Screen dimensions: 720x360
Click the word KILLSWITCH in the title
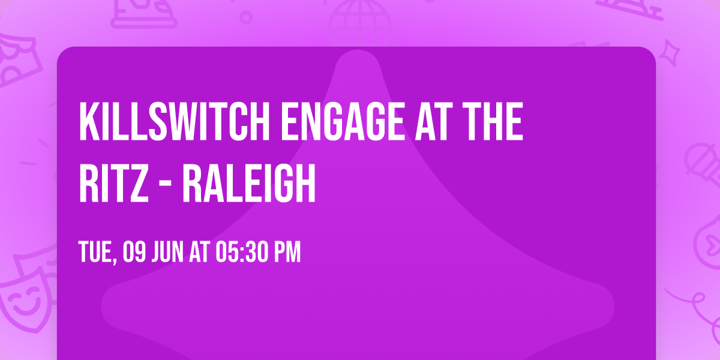point(174,121)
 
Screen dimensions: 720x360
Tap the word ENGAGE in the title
point(343,121)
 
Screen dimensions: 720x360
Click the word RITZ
point(114,183)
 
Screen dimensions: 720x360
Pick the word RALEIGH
point(249,183)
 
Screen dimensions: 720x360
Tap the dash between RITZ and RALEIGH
point(166,185)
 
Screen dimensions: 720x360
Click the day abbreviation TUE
point(95,252)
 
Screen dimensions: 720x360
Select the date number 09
point(134,252)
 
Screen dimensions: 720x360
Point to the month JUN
point(167,252)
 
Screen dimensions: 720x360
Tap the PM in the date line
point(287,252)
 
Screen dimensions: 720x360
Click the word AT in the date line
point(199,252)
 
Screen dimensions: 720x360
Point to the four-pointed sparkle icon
point(670,53)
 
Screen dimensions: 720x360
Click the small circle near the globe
point(246,17)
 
